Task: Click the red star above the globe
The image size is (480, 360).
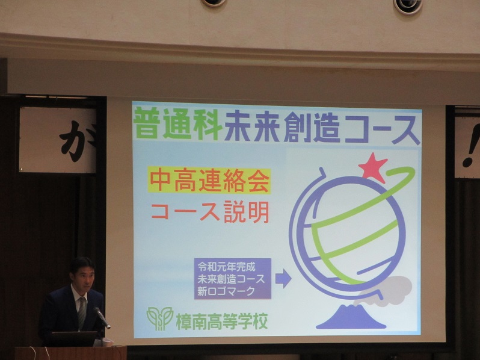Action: click(372, 168)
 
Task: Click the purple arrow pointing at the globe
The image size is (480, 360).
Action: click(283, 279)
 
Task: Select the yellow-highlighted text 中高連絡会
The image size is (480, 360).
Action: click(209, 181)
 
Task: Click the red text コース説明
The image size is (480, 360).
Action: click(210, 212)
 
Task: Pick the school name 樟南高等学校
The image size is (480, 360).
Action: click(222, 321)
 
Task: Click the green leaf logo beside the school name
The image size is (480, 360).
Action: click(160, 318)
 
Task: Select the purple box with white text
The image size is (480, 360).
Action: click(233, 279)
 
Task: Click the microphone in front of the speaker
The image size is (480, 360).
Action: click(101, 317)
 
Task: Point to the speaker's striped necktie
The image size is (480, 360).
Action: click(82, 313)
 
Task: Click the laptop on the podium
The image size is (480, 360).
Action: click(73, 338)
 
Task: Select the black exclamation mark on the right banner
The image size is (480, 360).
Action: click(470, 146)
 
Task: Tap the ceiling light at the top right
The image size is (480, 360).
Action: click(408, 6)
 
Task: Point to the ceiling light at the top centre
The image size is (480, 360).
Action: click(214, 3)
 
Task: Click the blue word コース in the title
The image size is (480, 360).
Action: click(382, 129)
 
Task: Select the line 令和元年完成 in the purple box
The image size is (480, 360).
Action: click(226, 267)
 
